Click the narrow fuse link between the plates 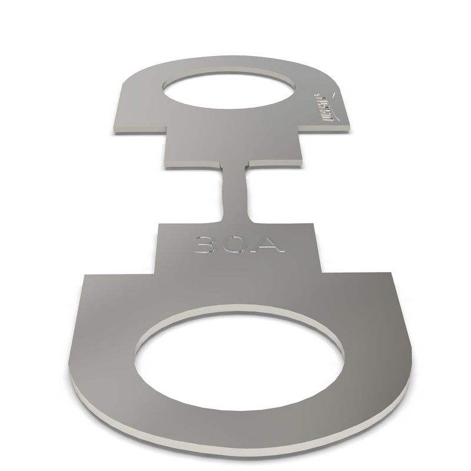235,191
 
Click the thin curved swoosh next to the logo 334,94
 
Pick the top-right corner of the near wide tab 391,273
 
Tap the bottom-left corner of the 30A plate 155,274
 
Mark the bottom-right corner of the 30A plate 321,271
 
